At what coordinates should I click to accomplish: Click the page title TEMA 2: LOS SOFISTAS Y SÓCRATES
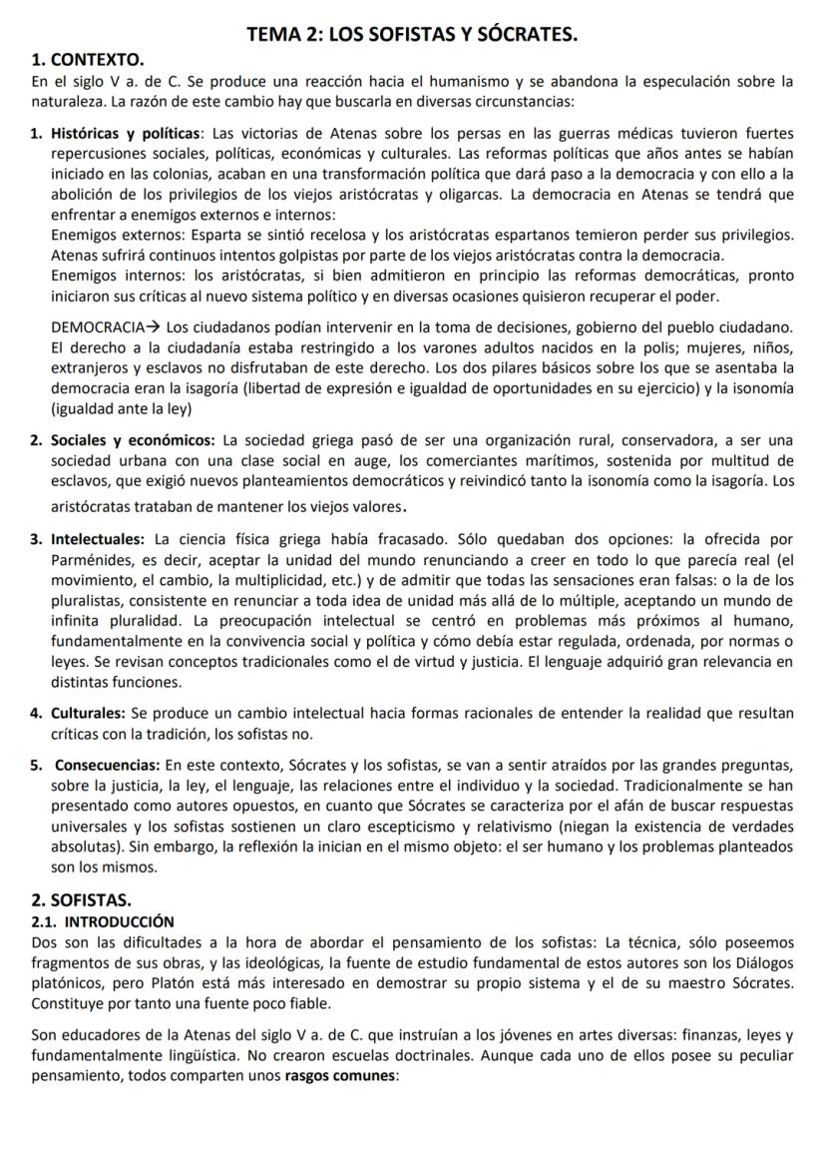click(x=412, y=36)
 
